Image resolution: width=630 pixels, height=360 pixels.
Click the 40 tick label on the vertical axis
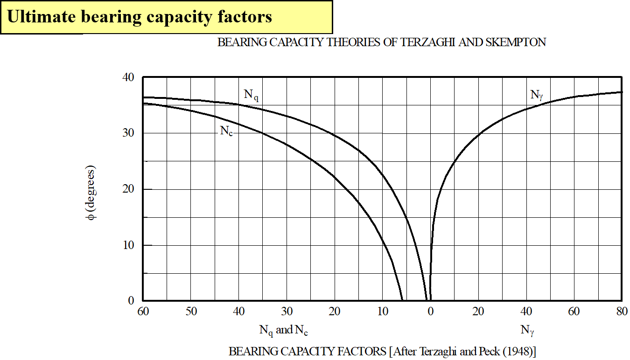tap(129, 77)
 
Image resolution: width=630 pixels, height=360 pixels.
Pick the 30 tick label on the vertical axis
tap(129, 133)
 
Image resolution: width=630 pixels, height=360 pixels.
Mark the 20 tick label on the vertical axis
tap(129, 189)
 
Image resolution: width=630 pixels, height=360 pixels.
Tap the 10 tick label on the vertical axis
tap(129, 245)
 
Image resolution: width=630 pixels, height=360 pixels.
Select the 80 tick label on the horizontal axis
tap(621, 312)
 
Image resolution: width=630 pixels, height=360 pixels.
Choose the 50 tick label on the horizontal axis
tap(191, 312)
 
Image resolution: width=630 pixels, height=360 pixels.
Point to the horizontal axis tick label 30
tap(287, 312)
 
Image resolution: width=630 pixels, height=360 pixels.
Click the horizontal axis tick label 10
tap(382, 312)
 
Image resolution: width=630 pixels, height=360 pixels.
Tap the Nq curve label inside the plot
tap(251, 95)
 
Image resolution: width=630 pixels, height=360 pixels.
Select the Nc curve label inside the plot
tap(226, 131)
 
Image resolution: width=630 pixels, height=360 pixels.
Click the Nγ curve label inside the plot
tap(537, 95)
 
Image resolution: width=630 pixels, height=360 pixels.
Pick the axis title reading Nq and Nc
tap(284, 331)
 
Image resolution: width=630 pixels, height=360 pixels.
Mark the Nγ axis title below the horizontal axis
tap(527, 331)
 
